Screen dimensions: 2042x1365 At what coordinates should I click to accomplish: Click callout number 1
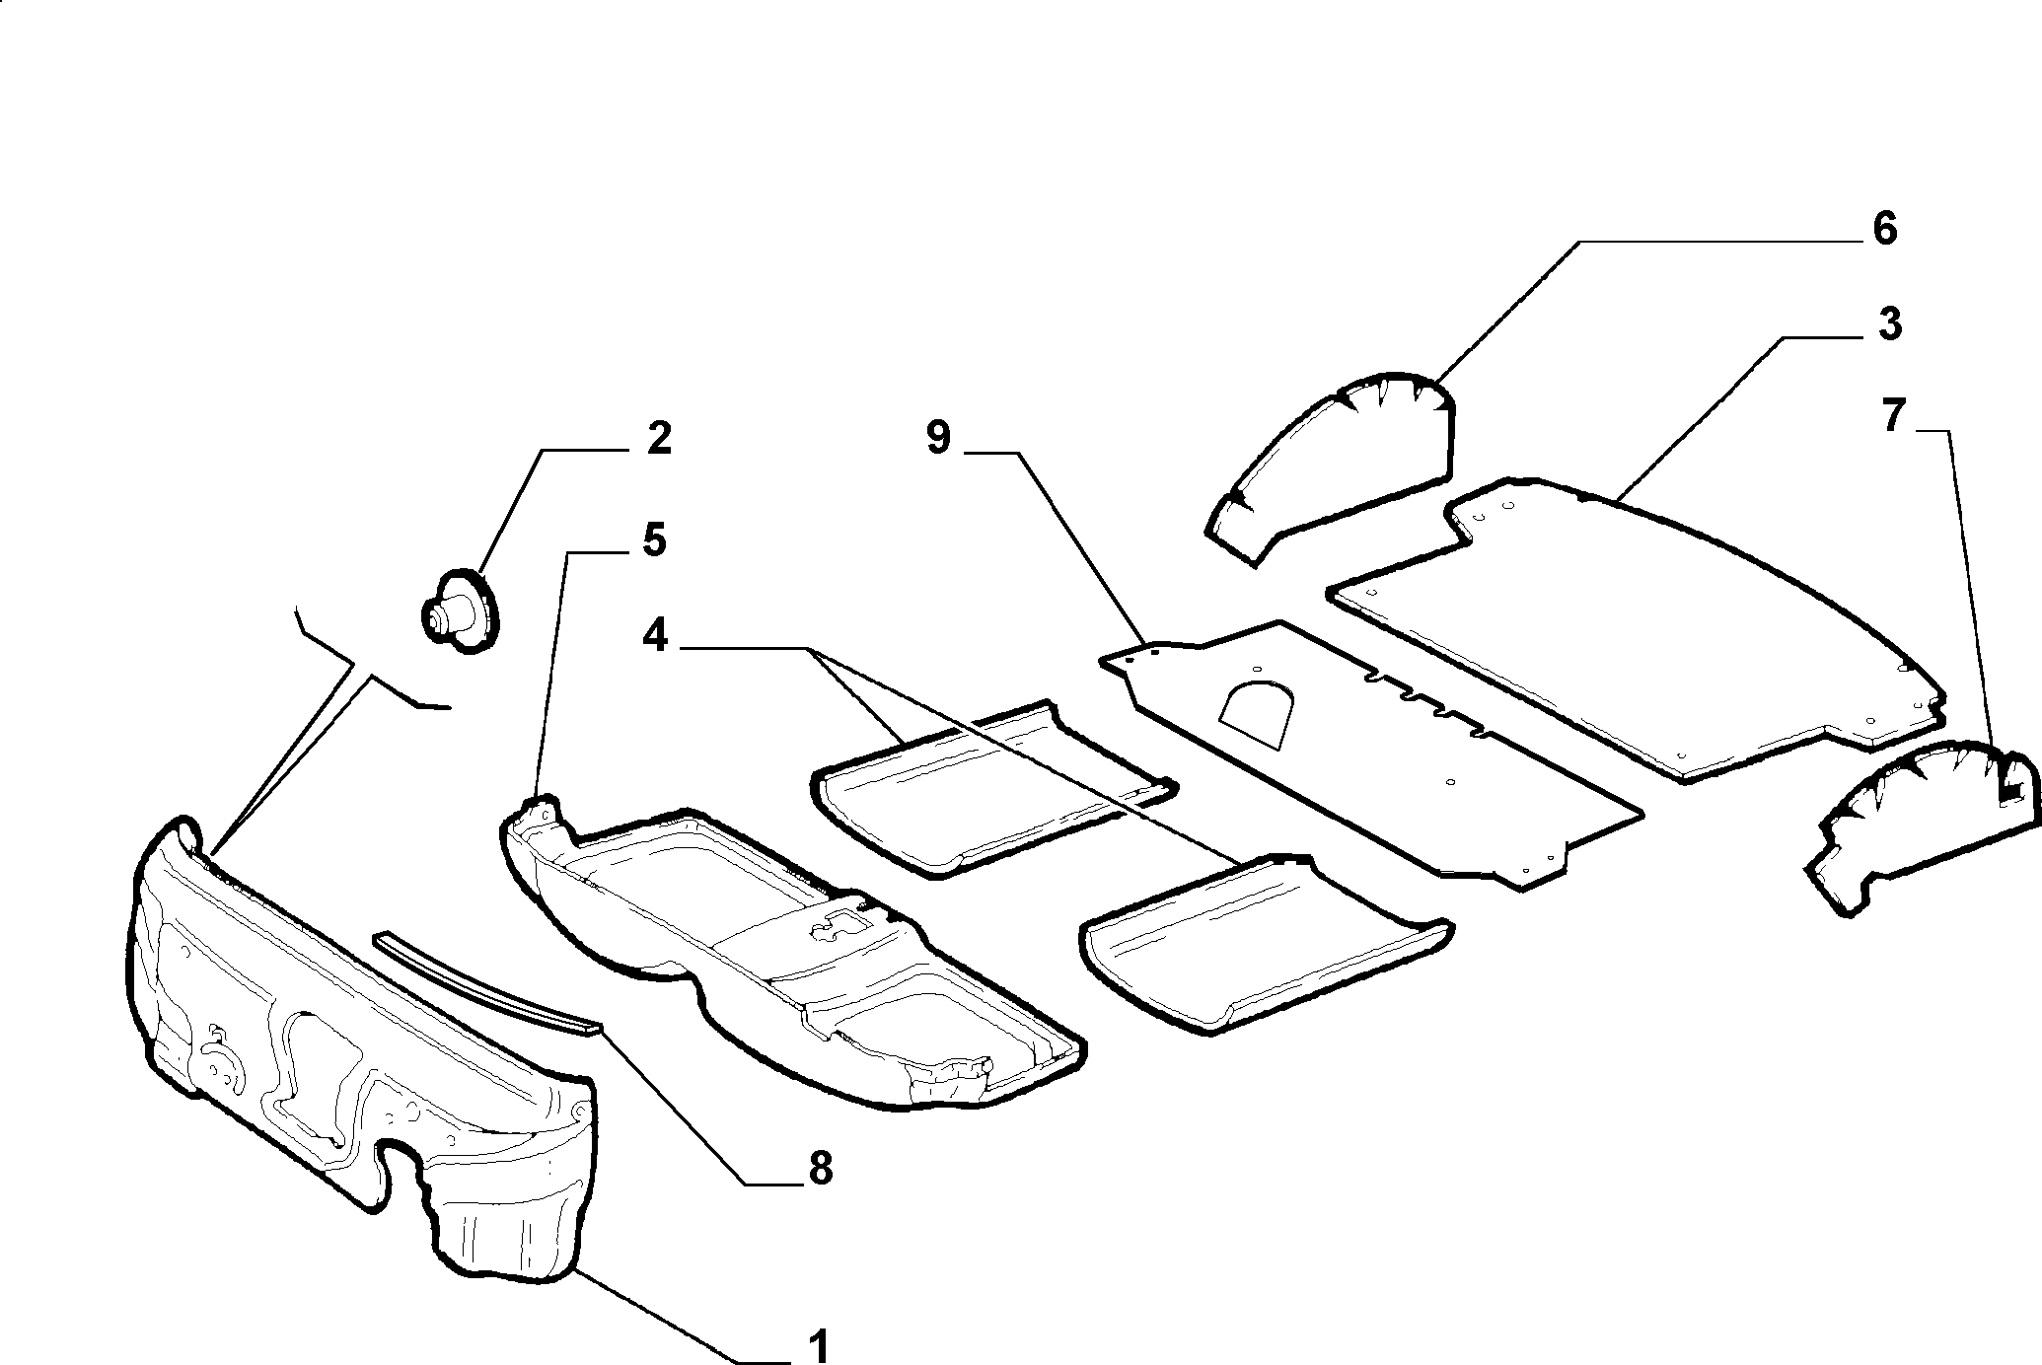pyautogui.click(x=818, y=1345)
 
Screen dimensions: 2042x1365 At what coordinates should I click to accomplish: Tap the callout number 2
pyautogui.click(x=659, y=439)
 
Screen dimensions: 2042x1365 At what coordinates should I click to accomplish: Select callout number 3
pyautogui.click(x=1888, y=325)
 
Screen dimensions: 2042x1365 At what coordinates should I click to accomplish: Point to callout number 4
pyautogui.click(x=654, y=637)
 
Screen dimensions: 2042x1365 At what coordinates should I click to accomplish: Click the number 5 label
pyautogui.click(x=654, y=540)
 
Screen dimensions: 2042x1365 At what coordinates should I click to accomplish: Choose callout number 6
pyautogui.click(x=1883, y=229)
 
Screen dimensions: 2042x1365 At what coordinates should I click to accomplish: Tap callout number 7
pyautogui.click(x=1890, y=417)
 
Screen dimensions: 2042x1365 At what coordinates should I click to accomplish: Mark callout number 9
pyautogui.click(x=937, y=438)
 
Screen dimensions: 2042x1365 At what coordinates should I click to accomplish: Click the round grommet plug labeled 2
pyautogui.click(x=461, y=611)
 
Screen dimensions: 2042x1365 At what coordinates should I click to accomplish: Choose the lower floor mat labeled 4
pyautogui.click(x=1266, y=943)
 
